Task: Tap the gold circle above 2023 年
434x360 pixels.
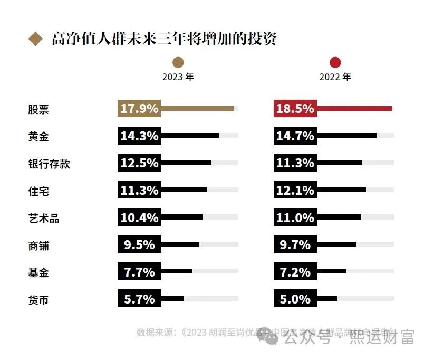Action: (x=178, y=62)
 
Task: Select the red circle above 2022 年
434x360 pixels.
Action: (x=335, y=62)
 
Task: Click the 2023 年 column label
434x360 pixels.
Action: (x=178, y=77)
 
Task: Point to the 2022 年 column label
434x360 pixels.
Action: (x=335, y=77)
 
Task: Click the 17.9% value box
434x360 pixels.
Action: (x=139, y=109)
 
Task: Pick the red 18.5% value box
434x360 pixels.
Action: (x=295, y=109)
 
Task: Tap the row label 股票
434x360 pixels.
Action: (x=38, y=109)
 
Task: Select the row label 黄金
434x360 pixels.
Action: (x=38, y=136)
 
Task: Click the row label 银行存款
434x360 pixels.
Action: (x=49, y=164)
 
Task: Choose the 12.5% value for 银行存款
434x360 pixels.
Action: (x=139, y=163)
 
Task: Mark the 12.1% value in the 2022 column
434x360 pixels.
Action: (x=295, y=191)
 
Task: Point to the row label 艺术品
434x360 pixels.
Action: (x=43, y=219)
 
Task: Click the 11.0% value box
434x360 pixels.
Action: (x=295, y=217)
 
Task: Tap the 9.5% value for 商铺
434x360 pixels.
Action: (x=139, y=245)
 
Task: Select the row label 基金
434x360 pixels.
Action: (x=38, y=273)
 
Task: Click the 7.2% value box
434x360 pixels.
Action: (x=295, y=272)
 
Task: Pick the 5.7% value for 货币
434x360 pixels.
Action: (x=139, y=299)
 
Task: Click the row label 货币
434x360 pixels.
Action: (x=38, y=300)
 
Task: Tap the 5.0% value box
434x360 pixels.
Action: (x=295, y=299)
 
